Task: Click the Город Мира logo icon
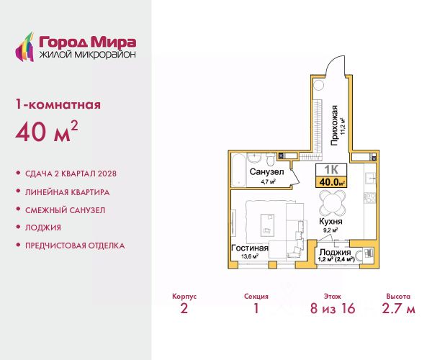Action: coord(24,47)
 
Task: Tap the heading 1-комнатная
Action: coord(58,104)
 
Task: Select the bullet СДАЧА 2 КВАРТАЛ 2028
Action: coord(71,174)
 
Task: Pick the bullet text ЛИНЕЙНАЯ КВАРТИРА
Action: coord(67,192)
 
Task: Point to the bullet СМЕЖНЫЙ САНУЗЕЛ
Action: coord(65,210)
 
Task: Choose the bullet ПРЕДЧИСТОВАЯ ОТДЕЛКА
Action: coord(75,246)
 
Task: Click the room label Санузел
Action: coord(266,172)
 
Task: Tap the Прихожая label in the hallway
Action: coord(334,125)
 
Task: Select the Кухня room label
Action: coord(330,221)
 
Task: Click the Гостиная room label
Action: coord(250,248)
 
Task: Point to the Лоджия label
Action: coord(335,252)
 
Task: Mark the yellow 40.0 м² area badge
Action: coord(331,182)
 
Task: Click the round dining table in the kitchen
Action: coord(332,203)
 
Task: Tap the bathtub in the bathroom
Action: coord(238,170)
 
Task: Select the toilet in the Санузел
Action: coord(270,159)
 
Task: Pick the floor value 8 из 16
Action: coord(333,308)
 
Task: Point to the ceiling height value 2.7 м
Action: coord(398,308)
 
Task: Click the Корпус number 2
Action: coord(184,308)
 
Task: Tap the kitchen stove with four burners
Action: coord(370,198)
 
